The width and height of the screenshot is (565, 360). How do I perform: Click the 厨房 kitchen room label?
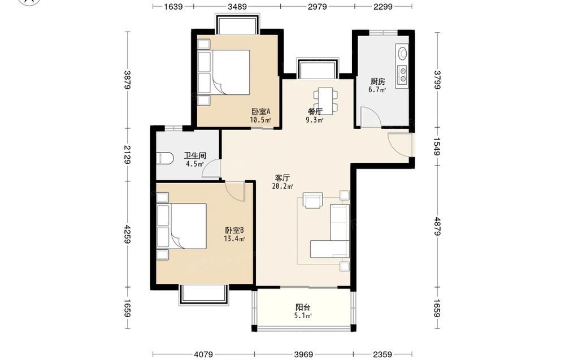pyautogui.click(x=377, y=81)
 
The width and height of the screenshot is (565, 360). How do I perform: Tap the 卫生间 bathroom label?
pyautogui.click(x=195, y=156)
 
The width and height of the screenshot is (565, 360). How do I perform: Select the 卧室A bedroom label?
pyautogui.click(x=261, y=111)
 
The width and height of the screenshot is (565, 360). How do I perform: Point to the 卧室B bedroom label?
pyautogui.click(x=234, y=230)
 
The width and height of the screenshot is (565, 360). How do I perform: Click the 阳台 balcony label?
pyautogui.click(x=303, y=307)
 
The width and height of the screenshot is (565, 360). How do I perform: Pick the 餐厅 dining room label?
pyautogui.click(x=315, y=111)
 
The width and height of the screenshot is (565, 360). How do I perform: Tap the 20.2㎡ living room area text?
pyautogui.click(x=282, y=186)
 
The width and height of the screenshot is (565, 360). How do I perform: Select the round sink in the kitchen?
pyautogui.click(x=402, y=53)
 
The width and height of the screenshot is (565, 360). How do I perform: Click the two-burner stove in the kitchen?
pyautogui.click(x=402, y=74)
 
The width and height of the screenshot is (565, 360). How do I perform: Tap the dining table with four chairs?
pyautogui.click(x=326, y=100)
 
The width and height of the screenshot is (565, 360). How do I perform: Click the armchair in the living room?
pyautogui.click(x=313, y=201)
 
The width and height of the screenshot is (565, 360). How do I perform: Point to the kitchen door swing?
pyautogui.click(x=371, y=116)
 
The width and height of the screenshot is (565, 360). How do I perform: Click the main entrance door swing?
pyautogui.click(x=400, y=144)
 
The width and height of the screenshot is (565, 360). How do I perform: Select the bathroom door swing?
pyautogui.click(x=211, y=169)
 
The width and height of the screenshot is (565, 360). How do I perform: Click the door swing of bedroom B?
pyautogui.click(x=235, y=192)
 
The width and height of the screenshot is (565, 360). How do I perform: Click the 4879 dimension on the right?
pyautogui.click(x=437, y=226)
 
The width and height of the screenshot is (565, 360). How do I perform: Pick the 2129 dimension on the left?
pyautogui.click(x=127, y=154)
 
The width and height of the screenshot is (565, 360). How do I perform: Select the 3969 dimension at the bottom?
pyautogui.click(x=304, y=354)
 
